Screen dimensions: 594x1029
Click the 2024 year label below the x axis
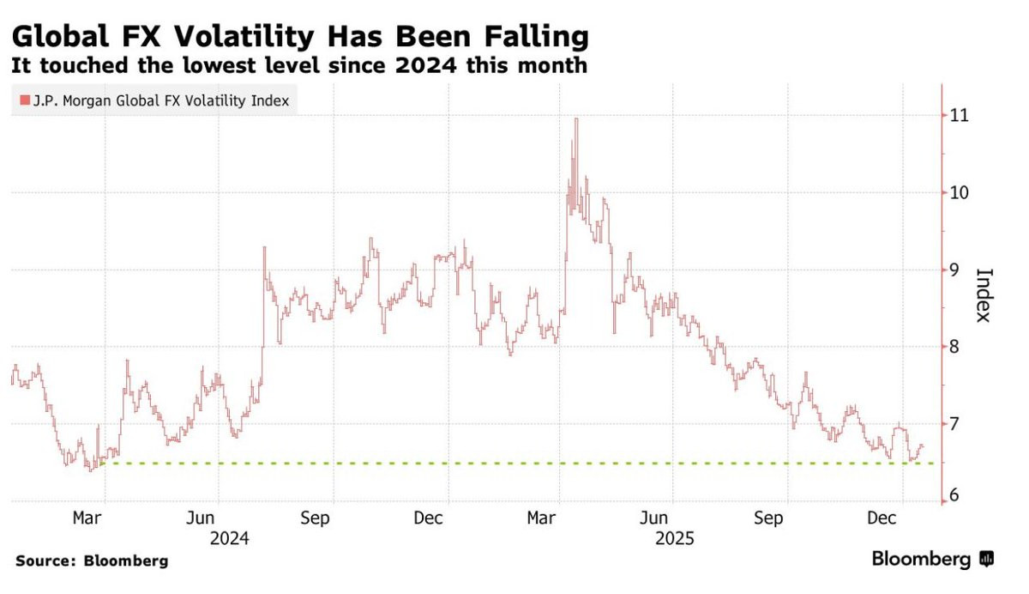[x=229, y=538]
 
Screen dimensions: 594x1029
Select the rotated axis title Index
[x=984, y=295]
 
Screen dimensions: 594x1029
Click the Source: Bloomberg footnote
[x=92, y=561]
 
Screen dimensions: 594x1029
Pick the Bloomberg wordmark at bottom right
[x=921, y=559]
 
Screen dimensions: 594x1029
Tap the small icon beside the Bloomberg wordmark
[x=987, y=559]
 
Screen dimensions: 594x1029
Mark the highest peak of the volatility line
[x=575, y=119]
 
